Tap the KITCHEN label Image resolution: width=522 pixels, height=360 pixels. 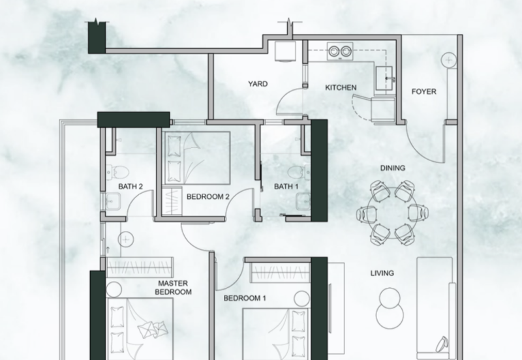click(341, 87)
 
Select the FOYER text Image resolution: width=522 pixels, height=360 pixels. click(423, 92)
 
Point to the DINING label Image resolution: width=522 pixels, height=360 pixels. click(393, 168)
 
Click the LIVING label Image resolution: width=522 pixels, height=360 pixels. click(382, 273)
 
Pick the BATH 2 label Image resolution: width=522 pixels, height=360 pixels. click(130, 187)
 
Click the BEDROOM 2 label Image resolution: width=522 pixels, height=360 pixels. click(207, 196)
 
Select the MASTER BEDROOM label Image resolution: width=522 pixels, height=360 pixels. click(174, 288)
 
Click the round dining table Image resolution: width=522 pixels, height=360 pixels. click(393, 211)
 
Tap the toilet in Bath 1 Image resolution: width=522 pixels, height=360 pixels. click(296, 173)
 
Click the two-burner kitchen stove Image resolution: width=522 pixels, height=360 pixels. click(340, 51)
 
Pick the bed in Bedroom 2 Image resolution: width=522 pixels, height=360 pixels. click(196, 158)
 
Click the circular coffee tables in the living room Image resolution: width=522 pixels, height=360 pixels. click(389, 304)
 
